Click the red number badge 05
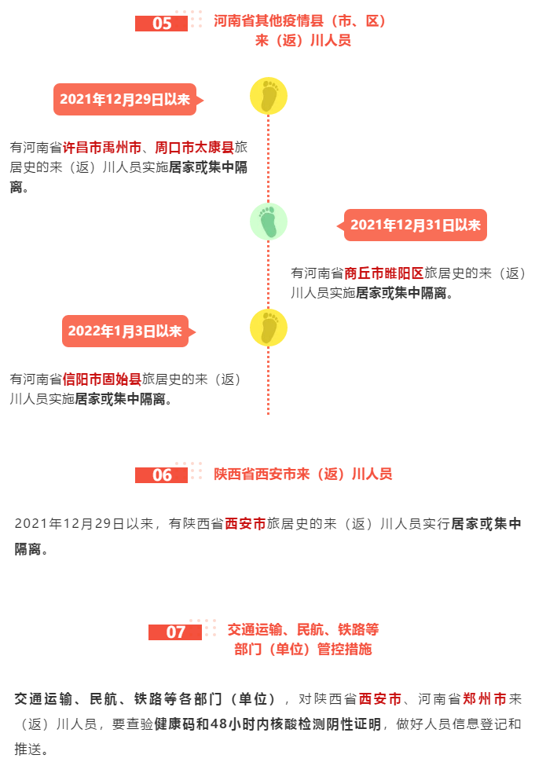[161, 24]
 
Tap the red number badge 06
[161, 474]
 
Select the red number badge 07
[175, 632]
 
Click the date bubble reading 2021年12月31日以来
[415, 225]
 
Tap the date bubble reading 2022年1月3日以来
[126, 331]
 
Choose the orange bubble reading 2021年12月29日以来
[125, 99]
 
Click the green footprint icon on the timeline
[268, 222]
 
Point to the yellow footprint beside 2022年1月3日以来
[268, 328]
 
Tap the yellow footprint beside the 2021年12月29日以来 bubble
[268, 96]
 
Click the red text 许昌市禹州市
[102, 147]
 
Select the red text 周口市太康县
[194, 147]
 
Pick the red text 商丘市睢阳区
[384, 273]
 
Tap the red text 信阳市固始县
[102, 379]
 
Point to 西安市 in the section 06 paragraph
[245, 523]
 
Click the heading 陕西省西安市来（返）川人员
[302, 474]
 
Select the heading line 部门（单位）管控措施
[302, 649]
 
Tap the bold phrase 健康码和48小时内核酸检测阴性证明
[268, 724]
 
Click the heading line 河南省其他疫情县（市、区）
[299, 21]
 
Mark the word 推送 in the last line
[27, 749]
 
